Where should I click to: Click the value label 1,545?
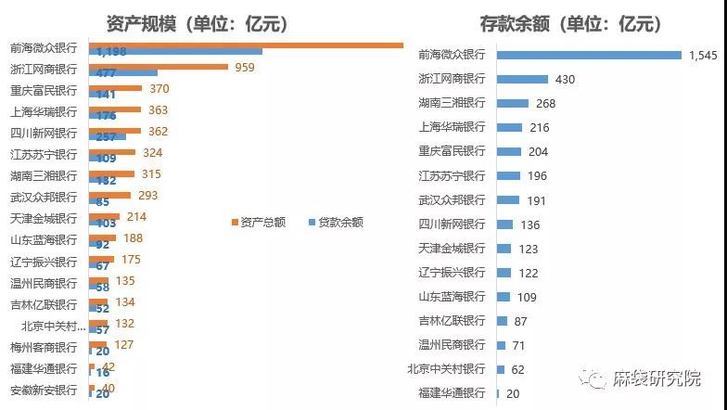pyautogui.click(x=703, y=56)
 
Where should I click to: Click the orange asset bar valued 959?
pyautogui.click(x=159, y=67)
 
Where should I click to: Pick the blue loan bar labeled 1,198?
pyautogui.click(x=176, y=52)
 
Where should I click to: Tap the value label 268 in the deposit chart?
pyautogui.click(x=546, y=103)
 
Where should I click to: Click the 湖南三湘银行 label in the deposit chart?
pyautogui.click(x=452, y=103)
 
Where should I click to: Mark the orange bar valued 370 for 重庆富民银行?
pyautogui.click(x=116, y=88)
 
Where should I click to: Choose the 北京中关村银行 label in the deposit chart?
pyautogui.click(x=446, y=369)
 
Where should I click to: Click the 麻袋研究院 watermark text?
pyautogui.click(x=656, y=378)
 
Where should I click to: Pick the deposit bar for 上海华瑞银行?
pyautogui.click(x=509, y=127)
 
